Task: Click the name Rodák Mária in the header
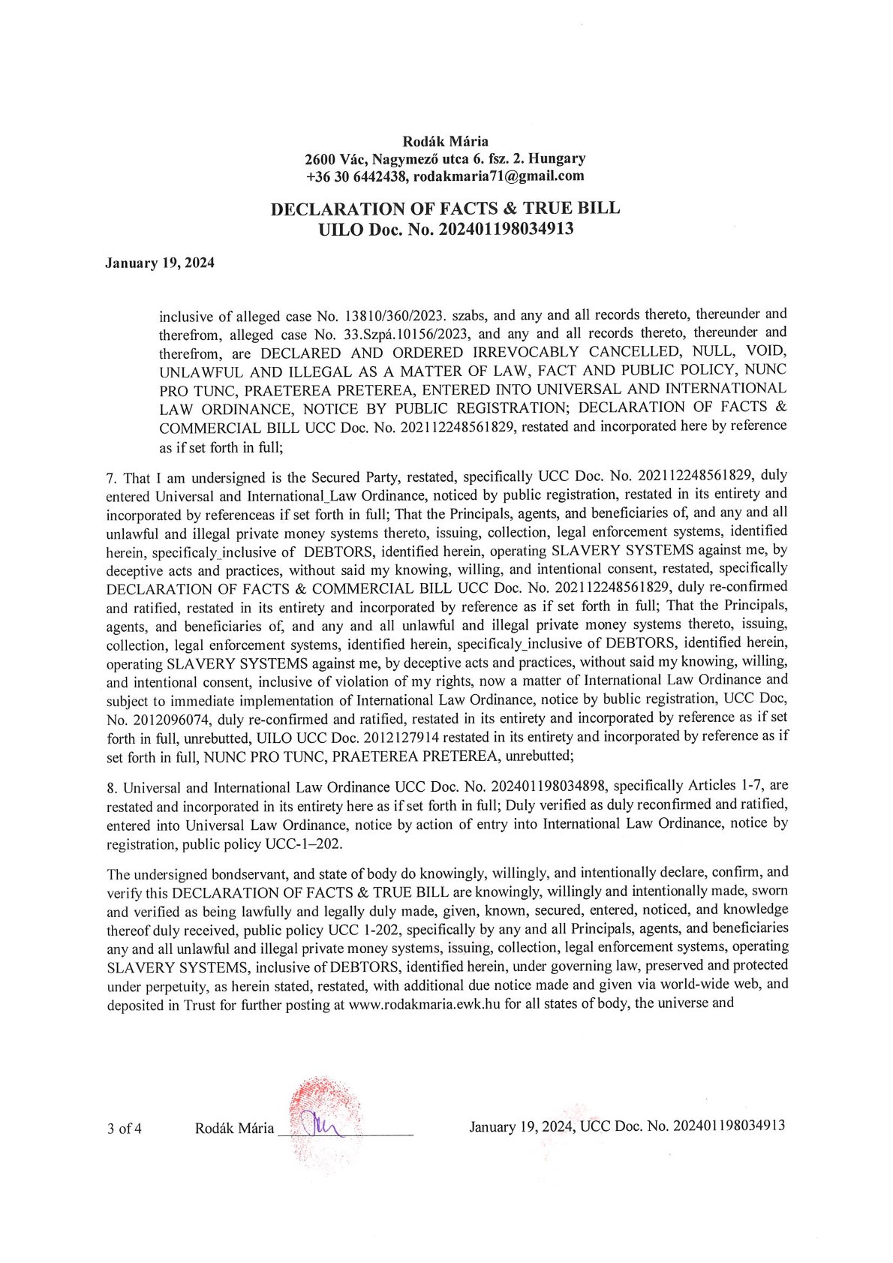446,140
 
